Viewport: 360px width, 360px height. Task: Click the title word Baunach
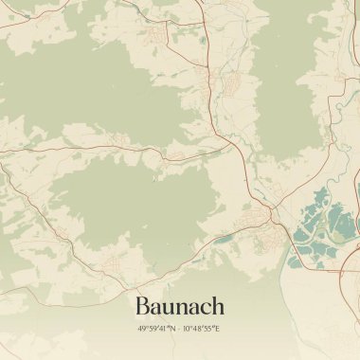(x=180, y=306)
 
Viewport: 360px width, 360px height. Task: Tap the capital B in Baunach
(x=143, y=306)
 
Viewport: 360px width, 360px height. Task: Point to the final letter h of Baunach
(x=218, y=306)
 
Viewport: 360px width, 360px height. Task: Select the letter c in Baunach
(x=204, y=308)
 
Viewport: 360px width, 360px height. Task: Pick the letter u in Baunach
(x=171, y=308)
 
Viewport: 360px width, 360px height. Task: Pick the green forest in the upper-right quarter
(x=294, y=76)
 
